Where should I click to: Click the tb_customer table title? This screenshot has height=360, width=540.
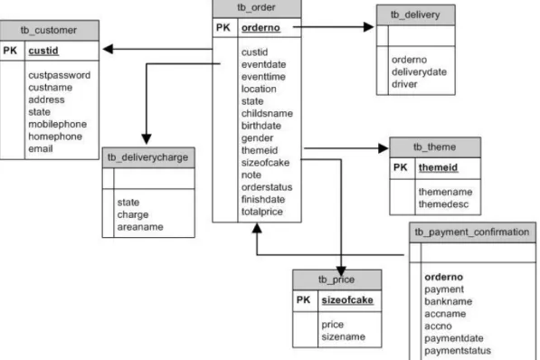tap(49, 31)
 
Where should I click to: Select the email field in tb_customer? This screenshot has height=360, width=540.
tap(41, 149)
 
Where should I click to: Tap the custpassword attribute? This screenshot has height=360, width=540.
tap(59, 75)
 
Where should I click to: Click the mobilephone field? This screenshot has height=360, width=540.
tap(58, 124)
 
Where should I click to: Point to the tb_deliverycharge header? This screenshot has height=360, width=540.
tap(147, 157)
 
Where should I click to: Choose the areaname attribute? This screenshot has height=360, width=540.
tap(140, 227)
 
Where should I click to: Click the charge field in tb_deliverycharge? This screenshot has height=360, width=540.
tap(133, 215)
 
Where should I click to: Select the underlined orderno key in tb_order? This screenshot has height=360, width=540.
tap(261, 28)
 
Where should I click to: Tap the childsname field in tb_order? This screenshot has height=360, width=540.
tap(267, 114)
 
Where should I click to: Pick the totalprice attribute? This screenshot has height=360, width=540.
tap(262, 212)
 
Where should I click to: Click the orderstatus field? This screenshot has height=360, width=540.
tap(267, 187)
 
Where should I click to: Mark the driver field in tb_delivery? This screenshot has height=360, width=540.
tap(404, 84)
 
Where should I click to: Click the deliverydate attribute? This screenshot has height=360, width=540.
tap(419, 72)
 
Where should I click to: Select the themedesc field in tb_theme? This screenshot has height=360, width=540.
tap(443, 204)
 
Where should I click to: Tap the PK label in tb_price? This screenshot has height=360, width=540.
tap(303, 300)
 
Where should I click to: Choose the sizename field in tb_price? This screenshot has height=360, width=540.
tap(344, 336)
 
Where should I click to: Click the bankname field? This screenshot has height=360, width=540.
tap(448, 302)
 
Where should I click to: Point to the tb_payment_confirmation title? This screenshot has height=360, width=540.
tap(472, 232)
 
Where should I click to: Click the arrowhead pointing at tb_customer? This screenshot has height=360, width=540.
tap(108, 49)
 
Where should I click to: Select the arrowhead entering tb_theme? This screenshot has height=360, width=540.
tap(384, 148)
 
